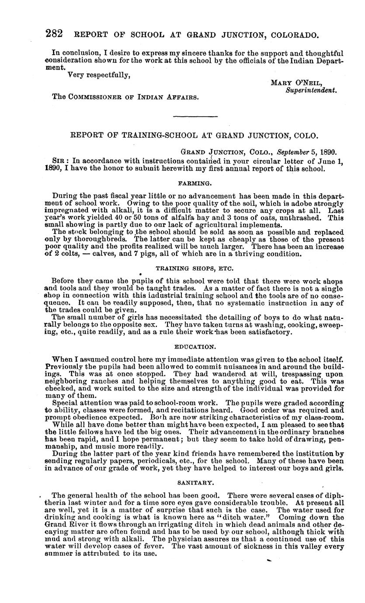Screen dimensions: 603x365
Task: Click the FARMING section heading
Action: [194, 180]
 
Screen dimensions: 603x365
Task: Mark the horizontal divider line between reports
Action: [195, 116]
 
